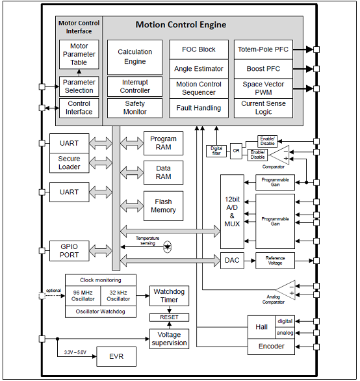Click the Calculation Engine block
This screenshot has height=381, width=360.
pyautogui.click(x=135, y=57)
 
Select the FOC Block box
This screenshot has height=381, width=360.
pyautogui.click(x=199, y=49)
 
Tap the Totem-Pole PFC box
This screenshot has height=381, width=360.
pyautogui.click(x=263, y=49)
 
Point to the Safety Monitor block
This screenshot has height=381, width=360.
pyautogui.click(x=135, y=108)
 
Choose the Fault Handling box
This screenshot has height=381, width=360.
pyautogui.click(x=199, y=108)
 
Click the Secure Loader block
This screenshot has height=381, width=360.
pyautogui.click(x=70, y=163)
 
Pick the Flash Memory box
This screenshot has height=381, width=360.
pyautogui.click(x=164, y=206)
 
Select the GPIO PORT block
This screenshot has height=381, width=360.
pyautogui.click(x=70, y=251)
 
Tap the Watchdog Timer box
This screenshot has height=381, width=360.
pyautogui.click(x=170, y=296)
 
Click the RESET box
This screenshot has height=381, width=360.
pyautogui.click(x=170, y=317)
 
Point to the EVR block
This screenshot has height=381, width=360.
pyautogui.click(x=116, y=356)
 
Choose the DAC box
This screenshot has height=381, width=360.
pyautogui.click(x=232, y=261)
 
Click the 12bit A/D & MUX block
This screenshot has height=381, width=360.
pyautogui.click(x=232, y=211)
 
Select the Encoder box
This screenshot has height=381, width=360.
pyautogui.click(x=271, y=347)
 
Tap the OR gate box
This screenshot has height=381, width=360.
pyautogui.click(x=236, y=151)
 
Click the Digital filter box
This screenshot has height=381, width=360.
pyautogui.click(x=216, y=151)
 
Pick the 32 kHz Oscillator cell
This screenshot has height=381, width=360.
pyautogui.click(x=118, y=296)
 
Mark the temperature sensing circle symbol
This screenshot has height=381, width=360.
pyautogui.click(x=168, y=247)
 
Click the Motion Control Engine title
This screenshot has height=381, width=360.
pyautogui.click(x=181, y=25)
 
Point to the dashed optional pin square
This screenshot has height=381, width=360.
pyautogui.click(x=42, y=296)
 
